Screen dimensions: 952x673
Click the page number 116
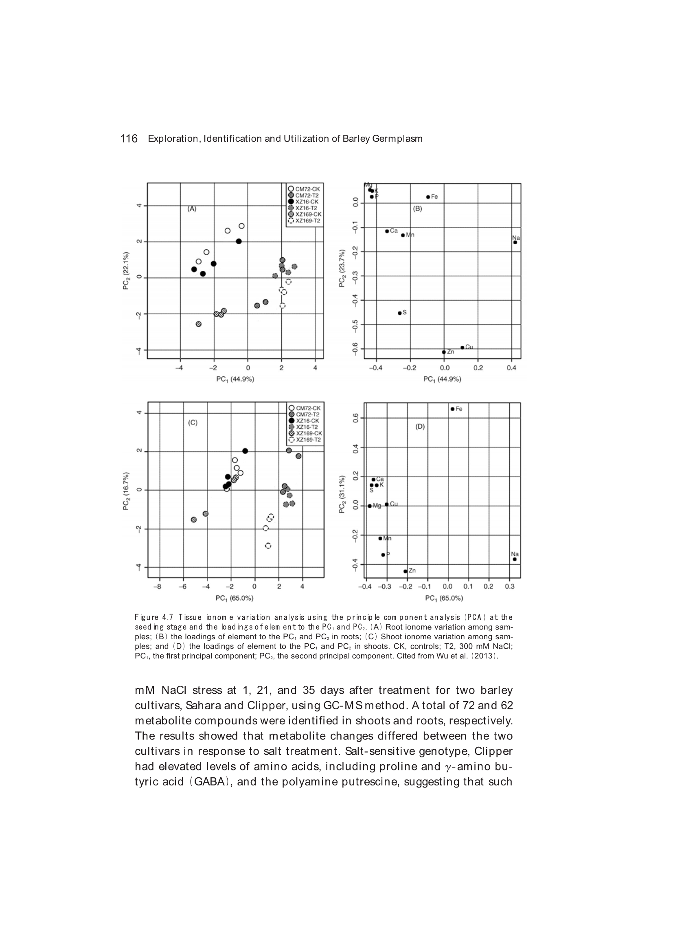click(x=129, y=138)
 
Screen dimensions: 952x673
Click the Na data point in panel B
click(x=515, y=242)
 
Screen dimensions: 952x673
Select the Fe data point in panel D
click(x=452, y=409)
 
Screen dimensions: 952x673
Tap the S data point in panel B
click(x=400, y=313)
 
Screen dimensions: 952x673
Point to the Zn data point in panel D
click(x=405, y=571)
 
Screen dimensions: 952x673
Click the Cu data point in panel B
click(x=463, y=347)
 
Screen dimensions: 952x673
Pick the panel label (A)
click(x=192, y=209)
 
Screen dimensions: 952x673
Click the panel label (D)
click(x=420, y=426)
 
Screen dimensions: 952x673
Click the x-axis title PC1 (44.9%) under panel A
click(x=235, y=379)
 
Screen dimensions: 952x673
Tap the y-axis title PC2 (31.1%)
click(x=342, y=494)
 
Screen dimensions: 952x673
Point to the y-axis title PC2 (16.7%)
click(x=126, y=491)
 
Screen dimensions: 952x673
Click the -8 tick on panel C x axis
click(x=157, y=586)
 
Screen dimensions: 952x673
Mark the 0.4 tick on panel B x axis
click(x=511, y=367)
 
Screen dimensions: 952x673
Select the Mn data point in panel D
click(x=380, y=538)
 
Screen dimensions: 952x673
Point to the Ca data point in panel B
click(x=387, y=231)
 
